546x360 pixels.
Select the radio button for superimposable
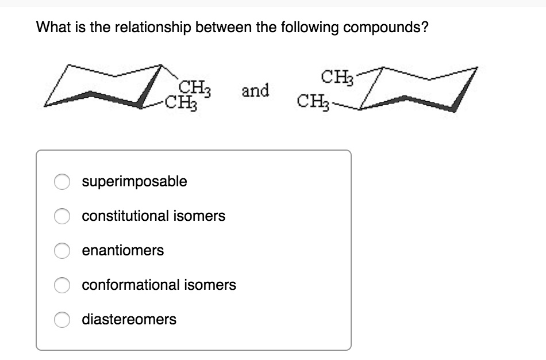click(x=62, y=182)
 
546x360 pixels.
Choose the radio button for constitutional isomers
click(x=62, y=216)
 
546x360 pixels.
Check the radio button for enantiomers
click(x=62, y=251)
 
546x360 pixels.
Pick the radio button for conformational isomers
click(x=62, y=285)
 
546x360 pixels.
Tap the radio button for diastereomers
click(x=62, y=319)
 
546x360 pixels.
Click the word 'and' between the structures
click(x=255, y=91)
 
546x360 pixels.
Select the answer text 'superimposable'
click(x=134, y=182)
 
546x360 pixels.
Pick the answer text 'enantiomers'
click(x=123, y=251)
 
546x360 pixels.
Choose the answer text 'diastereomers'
click(x=129, y=319)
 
